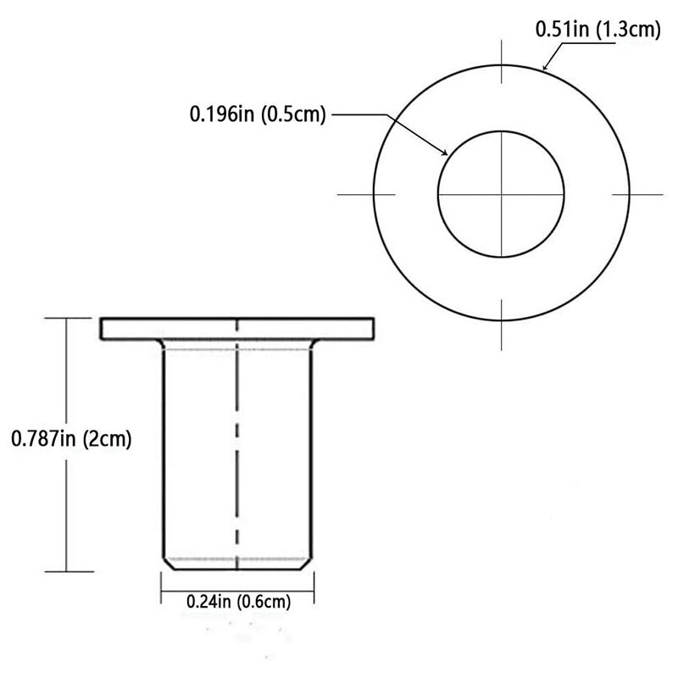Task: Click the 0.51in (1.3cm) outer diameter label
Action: [x=597, y=30]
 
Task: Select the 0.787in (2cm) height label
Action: [x=71, y=439]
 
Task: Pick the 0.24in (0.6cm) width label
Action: [x=238, y=603]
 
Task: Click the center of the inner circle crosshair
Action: [x=502, y=195]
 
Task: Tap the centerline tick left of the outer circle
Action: [x=354, y=195]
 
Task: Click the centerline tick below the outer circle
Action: [x=502, y=335]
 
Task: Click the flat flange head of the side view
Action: [x=237, y=328]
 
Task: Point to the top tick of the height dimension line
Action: [x=68, y=318]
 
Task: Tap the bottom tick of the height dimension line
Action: [x=68, y=571]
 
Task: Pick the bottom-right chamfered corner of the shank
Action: [x=308, y=563]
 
